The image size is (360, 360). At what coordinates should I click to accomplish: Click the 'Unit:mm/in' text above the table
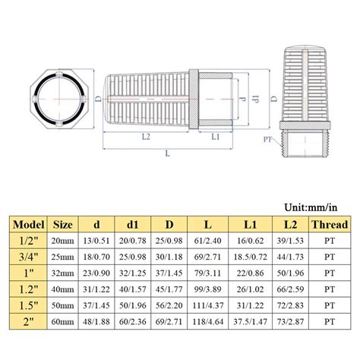point(315,207)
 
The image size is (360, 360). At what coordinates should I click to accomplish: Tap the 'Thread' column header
point(330,225)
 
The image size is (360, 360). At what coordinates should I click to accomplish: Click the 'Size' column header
point(63,225)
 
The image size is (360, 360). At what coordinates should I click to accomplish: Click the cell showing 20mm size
point(63,241)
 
